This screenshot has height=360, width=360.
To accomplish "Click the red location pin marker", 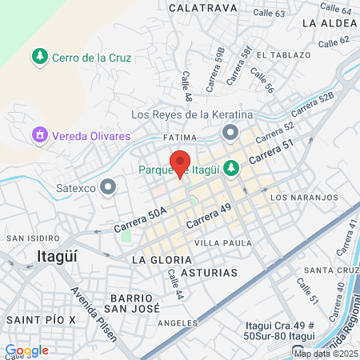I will (x=180, y=162).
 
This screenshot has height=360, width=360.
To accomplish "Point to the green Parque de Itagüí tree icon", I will (x=230, y=168).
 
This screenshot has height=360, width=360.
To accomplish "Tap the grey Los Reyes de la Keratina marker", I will (x=230, y=132).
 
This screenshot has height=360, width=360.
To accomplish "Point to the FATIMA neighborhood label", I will (x=178, y=138).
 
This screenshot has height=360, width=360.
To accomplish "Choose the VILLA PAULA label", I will (x=223, y=243).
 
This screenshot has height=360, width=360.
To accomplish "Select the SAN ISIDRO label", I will (x=32, y=238).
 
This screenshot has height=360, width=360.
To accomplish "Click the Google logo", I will (x=26, y=350).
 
